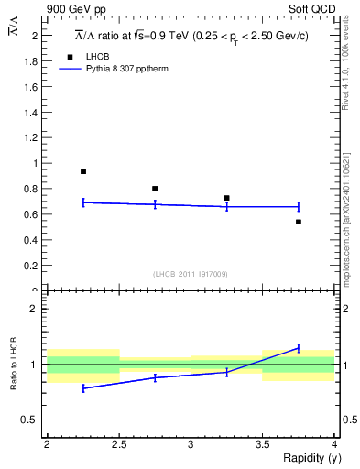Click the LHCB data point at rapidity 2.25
click(x=83, y=171)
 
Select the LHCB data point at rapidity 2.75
click(x=155, y=189)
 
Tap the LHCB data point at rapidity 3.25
click(x=226, y=198)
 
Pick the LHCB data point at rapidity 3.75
click(x=299, y=222)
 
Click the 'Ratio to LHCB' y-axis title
click(x=14, y=365)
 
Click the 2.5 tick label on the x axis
click(x=118, y=444)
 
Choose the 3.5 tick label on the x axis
click(x=262, y=444)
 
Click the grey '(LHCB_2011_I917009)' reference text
click(x=191, y=274)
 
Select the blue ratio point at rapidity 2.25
click(x=83, y=388)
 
